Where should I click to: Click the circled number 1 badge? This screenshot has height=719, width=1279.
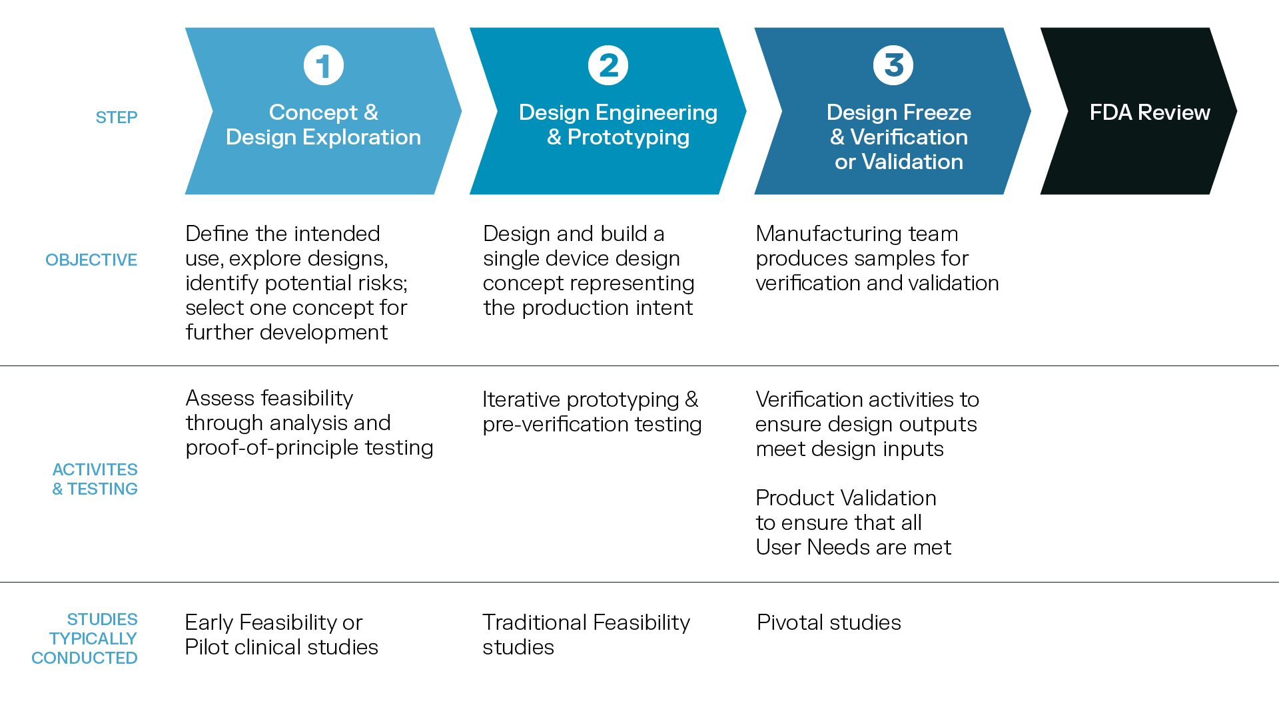(x=324, y=65)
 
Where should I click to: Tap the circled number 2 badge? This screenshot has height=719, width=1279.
(x=608, y=65)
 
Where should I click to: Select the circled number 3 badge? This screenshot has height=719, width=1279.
(x=893, y=65)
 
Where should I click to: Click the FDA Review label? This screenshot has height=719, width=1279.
(x=1150, y=113)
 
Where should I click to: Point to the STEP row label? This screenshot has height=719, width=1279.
(x=117, y=118)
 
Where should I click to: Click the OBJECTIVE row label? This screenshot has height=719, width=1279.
(x=91, y=260)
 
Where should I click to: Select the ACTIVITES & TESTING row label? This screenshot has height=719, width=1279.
(x=95, y=479)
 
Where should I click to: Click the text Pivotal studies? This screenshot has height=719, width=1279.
(x=829, y=622)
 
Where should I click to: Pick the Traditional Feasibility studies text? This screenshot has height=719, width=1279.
(x=586, y=634)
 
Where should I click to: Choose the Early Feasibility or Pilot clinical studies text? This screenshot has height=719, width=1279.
(x=281, y=634)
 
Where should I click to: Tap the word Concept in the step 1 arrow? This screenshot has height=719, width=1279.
(x=313, y=113)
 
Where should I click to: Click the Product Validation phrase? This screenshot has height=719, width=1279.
(x=846, y=498)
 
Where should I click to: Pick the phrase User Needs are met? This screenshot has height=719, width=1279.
(x=853, y=547)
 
